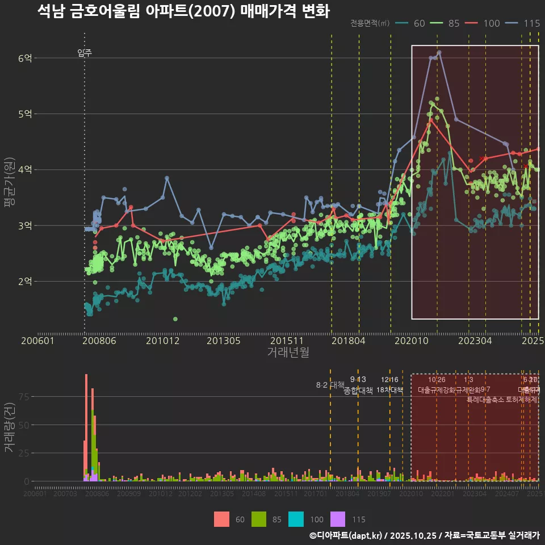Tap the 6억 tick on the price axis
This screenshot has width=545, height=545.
[25, 58]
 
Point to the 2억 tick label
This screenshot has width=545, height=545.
[25, 281]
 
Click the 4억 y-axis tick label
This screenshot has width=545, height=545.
[25, 170]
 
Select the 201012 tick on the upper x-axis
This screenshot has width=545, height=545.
[162, 341]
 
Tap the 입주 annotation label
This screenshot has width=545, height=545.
[85, 53]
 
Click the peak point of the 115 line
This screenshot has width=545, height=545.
[439, 52]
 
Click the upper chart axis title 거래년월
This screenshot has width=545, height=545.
[288, 353]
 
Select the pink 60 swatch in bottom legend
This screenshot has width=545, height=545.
[221, 519]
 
